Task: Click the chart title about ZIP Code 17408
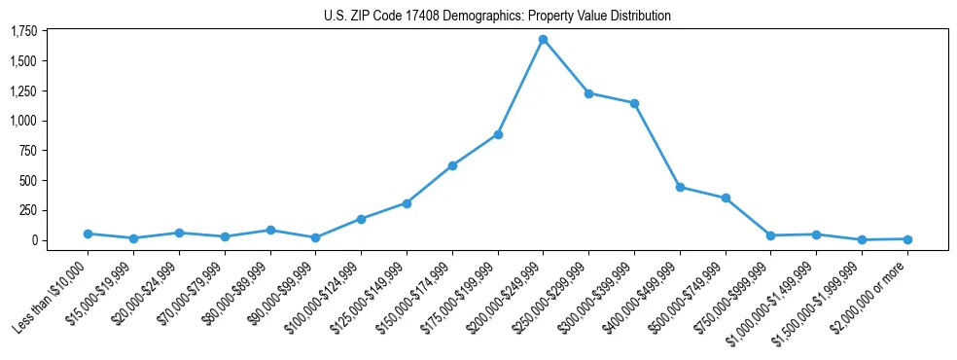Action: pyautogui.click(x=497, y=16)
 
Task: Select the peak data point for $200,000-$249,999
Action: pyautogui.click(x=543, y=40)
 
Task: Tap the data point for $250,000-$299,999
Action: pyautogui.click(x=588, y=93)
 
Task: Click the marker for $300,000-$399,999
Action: pyautogui.click(x=634, y=103)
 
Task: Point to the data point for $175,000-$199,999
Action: pyautogui.click(x=498, y=134)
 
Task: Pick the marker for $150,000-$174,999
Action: pyautogui.click(x=452, y=165)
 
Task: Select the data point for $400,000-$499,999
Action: pyautogui.click(x=680, y=187)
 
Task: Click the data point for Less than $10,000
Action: pyautogui.click(x=88, y=234)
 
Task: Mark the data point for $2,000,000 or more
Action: pyautogui.click(x=907, y=238)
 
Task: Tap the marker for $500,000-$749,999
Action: pyautogui.click(x=726, y=198)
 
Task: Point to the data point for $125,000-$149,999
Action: pyautogui.click(x=407, y=203)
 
